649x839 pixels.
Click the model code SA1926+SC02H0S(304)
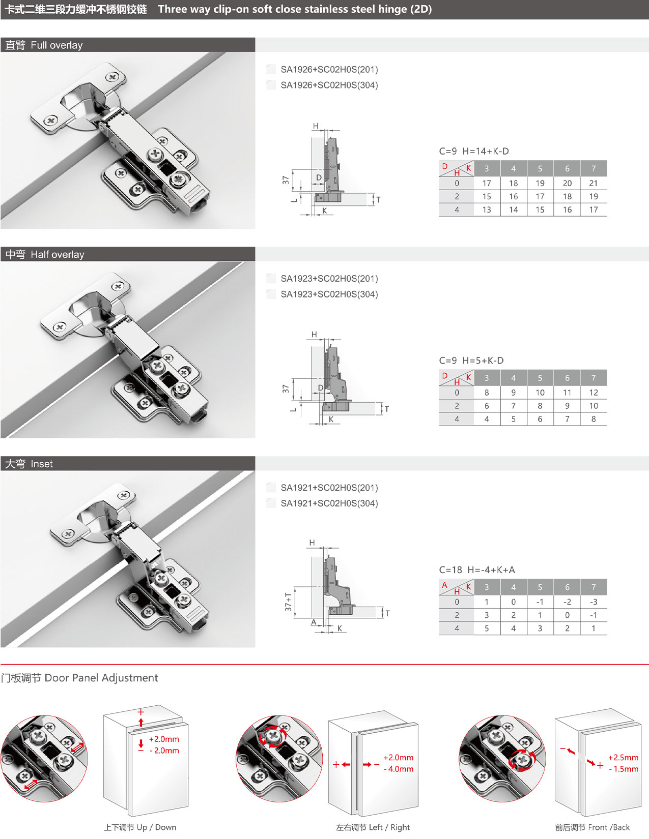(x=329, y=85)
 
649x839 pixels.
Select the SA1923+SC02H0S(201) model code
(x=329, y=278)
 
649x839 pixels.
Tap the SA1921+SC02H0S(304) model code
(x=329, y=503)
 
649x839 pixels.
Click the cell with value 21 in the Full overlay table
(x=594, y=183)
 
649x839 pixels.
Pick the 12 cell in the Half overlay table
(x=594, y=392)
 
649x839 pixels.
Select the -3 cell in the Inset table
(x=594, y=602)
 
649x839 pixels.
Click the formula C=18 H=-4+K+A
(x=476, y=570)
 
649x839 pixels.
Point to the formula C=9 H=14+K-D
(x=473, y=151)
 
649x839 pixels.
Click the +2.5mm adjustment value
(x=623, y=758)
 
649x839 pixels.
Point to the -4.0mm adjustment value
(x=399, y=769)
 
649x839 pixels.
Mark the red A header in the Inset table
(x=444, y=585)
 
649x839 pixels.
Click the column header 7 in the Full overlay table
(x=594, y=168)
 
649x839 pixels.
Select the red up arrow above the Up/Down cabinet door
(x=141, y=722)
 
